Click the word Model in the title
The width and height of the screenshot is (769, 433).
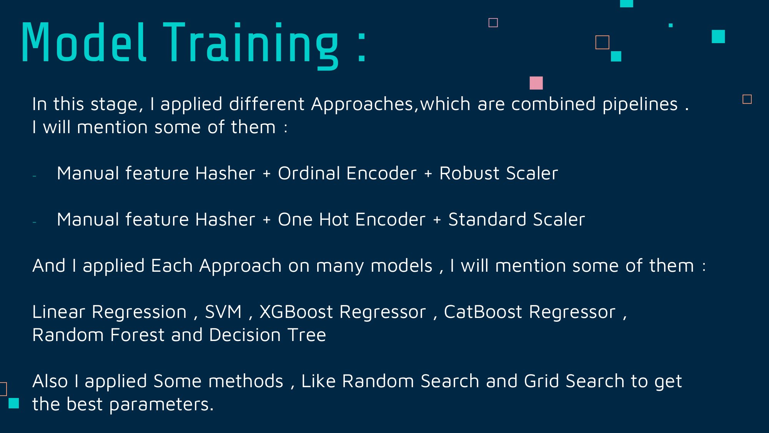pos(84,42)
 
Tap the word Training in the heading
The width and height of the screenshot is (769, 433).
pos(251,46)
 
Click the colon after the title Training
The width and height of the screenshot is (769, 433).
pos(362,46)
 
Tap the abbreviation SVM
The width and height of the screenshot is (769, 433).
pos(223,312)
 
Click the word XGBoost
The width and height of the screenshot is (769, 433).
pos(296,312)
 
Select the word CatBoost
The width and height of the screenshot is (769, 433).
pos(483,312)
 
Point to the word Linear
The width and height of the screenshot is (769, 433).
pos(58,312)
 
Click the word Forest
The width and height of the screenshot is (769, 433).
pos(137,335)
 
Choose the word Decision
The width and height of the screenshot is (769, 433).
pos(245,335)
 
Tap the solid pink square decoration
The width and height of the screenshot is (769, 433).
pos(536,83)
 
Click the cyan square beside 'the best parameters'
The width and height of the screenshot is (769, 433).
pos(14,403)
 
